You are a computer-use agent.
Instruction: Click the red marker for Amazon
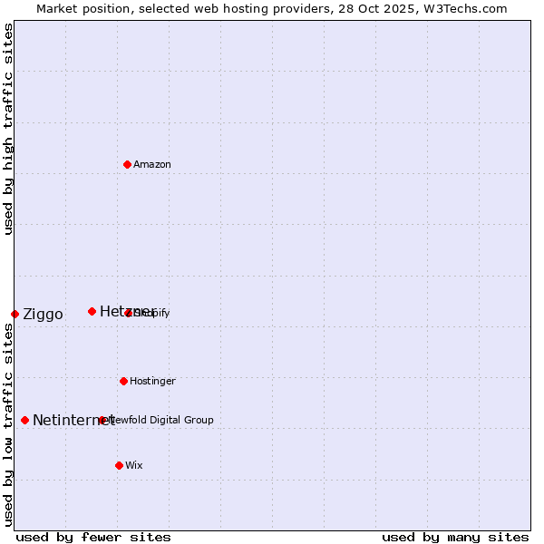pyautogui.click(x=127, y=164)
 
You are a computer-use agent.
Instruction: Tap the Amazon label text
pyautogui.click(x=152, y=165)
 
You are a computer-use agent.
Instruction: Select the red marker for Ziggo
pyautogui.click(x=15, y=314)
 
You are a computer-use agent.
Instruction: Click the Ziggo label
pyautogui.click(x=43, y=315)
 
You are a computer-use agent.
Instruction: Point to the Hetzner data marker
pyautogui.click(x=92, y=311)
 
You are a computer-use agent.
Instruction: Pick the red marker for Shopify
pyautogui.click(x=128, y=313)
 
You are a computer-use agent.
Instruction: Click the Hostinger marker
pyautogui.click(x=123, y=381)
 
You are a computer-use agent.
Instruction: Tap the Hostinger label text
pyautogui.click(x=152, y=382)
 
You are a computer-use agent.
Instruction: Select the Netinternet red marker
pyautogui.click(x=24, y=420)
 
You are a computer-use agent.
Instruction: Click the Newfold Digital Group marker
pyautogui.click(x=102, y=420)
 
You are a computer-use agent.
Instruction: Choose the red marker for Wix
pyautogui.click(x=119, y=465)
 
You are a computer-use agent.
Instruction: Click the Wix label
pyautogui.click(x=134, y=466)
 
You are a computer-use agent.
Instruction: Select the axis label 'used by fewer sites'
pyautogui.click(x=93, y=537)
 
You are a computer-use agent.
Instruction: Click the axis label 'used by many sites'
pyautogui.click(x=455, y=537)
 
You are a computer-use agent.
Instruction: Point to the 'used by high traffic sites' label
pyautogui.click(x=9, y=129)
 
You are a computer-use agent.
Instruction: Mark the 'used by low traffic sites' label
pyautogui.click(x=9, y=424)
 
